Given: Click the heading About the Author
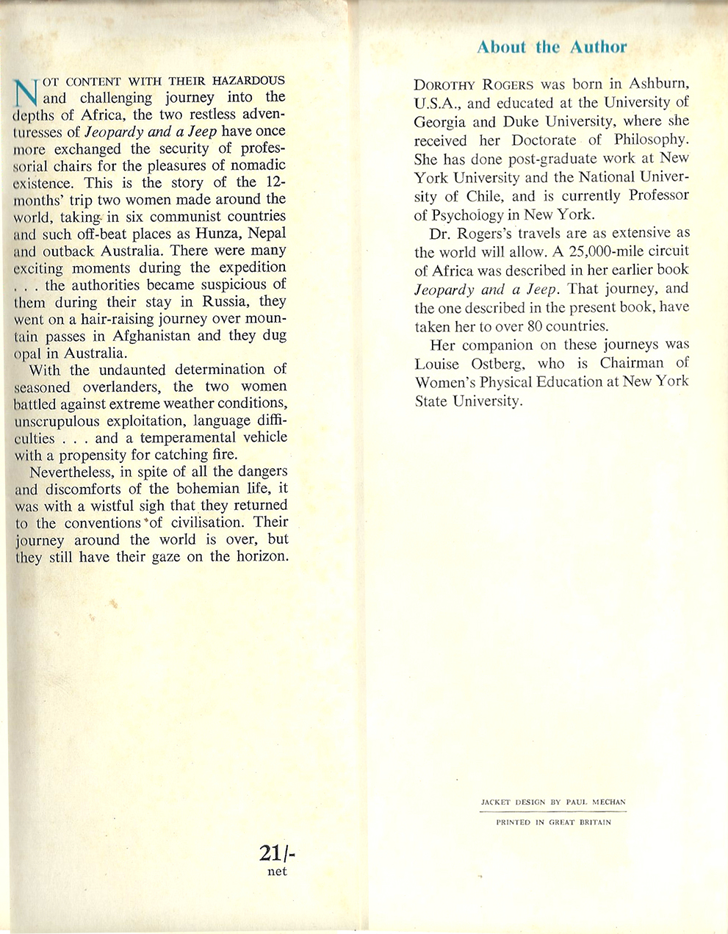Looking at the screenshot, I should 552,48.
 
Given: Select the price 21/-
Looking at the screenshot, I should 278,852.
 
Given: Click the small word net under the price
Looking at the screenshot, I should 277,872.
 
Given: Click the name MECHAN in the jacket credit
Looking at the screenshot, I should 606,802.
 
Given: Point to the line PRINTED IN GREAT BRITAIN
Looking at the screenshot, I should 553,822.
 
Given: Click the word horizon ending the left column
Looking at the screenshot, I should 256,556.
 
